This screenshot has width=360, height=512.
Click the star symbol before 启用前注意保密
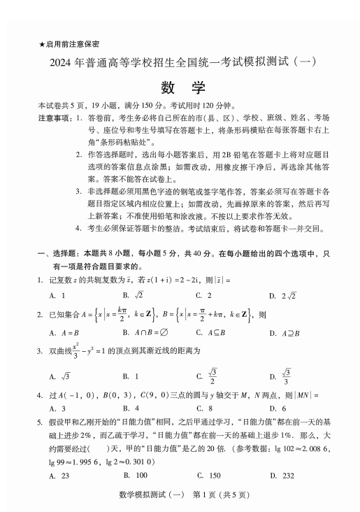coord(42,44)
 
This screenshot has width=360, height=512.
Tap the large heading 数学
coord(180,87)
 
